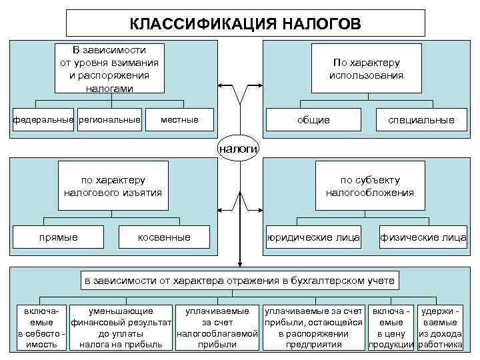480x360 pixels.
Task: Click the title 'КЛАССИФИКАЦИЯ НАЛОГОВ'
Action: (245, 24)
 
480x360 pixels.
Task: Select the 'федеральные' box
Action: (43, 120)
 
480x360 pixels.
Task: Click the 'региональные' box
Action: (109, 120)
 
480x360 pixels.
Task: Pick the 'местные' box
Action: (179, 120)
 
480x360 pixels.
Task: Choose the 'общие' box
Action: (313, 120)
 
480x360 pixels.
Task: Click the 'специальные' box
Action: (421, 120)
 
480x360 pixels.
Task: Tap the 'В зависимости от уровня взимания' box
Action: (109, 69)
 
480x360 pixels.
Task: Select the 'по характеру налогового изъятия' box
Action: (113, 187)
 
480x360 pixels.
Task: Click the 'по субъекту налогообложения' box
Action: (370, 187)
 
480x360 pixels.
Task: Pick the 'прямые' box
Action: (58, 237)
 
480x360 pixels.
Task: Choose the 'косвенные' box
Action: (164, 237)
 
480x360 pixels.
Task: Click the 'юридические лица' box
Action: (313, 237)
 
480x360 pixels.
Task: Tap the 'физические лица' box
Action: (423, 237)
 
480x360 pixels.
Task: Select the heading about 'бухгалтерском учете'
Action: (239, 281)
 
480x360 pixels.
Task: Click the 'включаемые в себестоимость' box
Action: (41, 328)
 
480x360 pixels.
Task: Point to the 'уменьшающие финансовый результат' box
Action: (121, 328)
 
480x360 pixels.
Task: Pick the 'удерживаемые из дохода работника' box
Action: (441, 328)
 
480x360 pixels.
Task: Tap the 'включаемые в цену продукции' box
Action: (392, 328)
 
